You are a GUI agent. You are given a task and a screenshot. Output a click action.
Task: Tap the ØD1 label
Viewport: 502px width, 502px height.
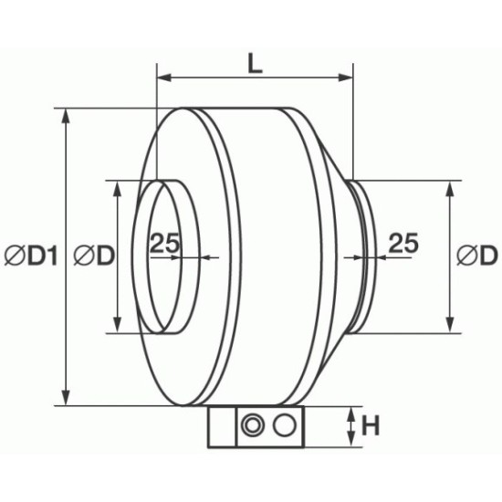coord(31,256)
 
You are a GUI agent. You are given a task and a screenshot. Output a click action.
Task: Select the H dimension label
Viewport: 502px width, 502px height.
coord(371,426)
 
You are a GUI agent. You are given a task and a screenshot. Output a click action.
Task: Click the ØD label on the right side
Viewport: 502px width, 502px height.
coord(477,256)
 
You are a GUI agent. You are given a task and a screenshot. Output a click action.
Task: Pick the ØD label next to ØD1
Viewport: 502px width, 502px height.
coord(94,256)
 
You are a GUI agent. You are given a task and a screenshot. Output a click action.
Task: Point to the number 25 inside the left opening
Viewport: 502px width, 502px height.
coord(164,243)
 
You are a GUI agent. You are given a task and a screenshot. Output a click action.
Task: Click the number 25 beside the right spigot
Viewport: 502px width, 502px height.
coord(403,243)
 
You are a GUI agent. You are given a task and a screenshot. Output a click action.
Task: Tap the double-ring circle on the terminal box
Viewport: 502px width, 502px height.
coord(253,426)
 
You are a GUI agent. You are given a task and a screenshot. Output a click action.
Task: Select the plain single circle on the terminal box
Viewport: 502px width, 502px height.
coord(284,425)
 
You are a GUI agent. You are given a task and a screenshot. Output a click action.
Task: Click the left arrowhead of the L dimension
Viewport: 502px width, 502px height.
coord(164,78)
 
